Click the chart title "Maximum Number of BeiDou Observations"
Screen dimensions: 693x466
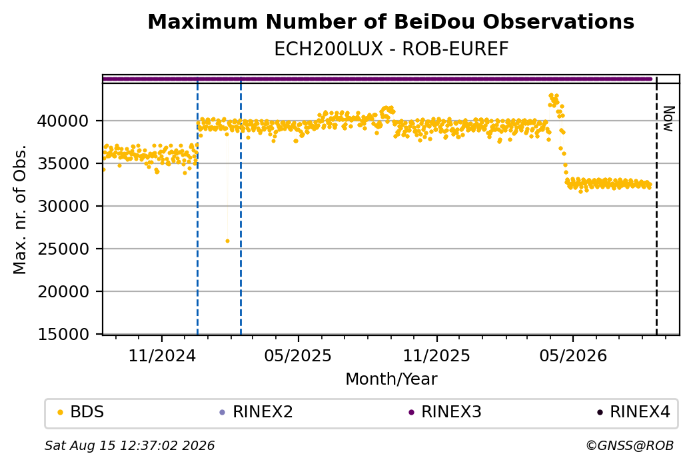point(390,21)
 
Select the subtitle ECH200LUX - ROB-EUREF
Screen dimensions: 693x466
point(391,49)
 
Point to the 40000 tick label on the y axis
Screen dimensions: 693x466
point(63,121)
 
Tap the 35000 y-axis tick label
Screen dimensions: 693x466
point(63,163)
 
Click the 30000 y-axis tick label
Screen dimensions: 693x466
point(63,206)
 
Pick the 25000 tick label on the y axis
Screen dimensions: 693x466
point(63,249)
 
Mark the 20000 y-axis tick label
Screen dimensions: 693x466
point(63,291)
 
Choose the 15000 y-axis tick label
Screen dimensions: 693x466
point(63,334)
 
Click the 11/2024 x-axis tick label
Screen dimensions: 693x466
point(162,356)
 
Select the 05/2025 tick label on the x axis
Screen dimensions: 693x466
point(298,356)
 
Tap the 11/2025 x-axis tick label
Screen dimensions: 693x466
point(436,356)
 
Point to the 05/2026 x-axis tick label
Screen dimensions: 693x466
point(573,356)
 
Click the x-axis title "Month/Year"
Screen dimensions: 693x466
point(391,379)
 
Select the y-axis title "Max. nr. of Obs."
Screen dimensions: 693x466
point(20,209)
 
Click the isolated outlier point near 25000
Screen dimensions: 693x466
point(227,241)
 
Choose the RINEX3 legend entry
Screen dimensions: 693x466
point(445,412)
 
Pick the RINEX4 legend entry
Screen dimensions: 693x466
point(634,412)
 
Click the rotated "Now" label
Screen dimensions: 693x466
point(669,119)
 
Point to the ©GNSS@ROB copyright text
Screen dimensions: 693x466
point(630,445)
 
